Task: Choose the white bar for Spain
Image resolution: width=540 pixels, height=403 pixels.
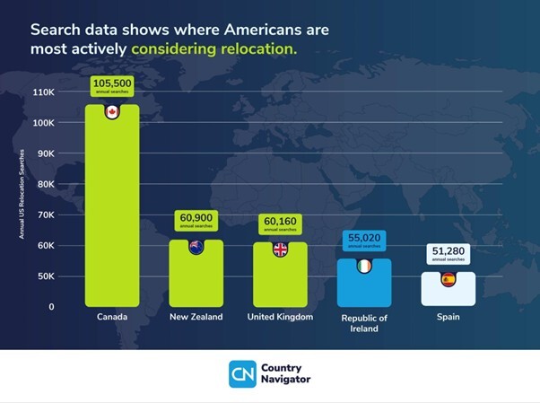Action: click(449, 293)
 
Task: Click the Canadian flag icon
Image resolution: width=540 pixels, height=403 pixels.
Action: click(112, 112)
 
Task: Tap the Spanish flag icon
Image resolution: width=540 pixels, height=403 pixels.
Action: click(449, 280)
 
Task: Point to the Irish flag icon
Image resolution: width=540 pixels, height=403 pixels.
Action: click(363, 267)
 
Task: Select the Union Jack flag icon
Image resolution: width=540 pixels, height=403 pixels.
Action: click(280, 250)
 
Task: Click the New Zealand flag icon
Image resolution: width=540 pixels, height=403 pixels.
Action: click(196, 248)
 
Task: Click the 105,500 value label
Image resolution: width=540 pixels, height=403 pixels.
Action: click(112, 86)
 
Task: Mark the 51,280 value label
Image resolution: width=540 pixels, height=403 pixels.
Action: click(449, 253)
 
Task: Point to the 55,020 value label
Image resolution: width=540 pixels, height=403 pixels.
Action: click(363, 240)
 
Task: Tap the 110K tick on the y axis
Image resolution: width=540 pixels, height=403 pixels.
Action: click(44, 92)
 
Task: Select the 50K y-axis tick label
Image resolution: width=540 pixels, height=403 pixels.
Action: click(46, 276)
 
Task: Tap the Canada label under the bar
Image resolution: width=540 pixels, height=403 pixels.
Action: click(112, 318)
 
